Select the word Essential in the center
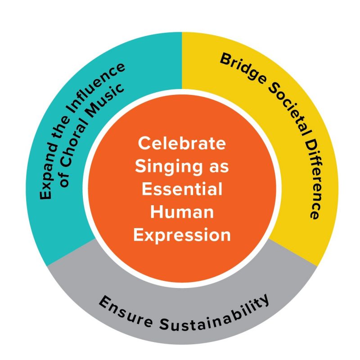(x=182, y=189)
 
